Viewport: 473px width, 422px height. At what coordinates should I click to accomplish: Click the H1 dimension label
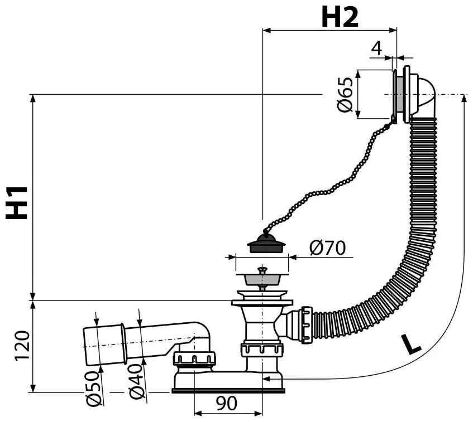[x=18, y=202]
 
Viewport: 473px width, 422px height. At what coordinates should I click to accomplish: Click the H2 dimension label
[x=339, y=18]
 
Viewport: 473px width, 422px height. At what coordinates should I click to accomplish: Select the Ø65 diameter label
[x=346, y=95]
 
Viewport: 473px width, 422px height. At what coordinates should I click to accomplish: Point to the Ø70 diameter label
[x=328, y=247]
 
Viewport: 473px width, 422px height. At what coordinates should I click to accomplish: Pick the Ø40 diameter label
[x=137, y=385]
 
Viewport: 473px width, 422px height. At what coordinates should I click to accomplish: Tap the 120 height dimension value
[x=21, y=346]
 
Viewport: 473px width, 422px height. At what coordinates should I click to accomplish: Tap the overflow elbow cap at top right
[x=423, y=95]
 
